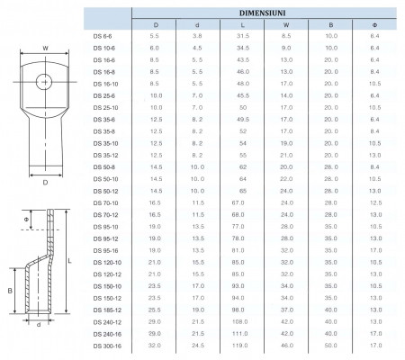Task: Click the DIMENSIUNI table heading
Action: (x=262, y=13)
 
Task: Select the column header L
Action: (x=242, y=25)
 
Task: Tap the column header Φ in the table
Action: (x=374, y=25)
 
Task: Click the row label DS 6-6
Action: (x=103, y=36)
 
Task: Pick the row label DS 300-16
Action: (x=107, y=346)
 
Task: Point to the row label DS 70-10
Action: (x=105, y=203)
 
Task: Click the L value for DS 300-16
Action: (x=239, y=346)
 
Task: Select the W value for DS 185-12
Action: (x=287, y=310)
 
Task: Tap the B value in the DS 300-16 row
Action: (x=331, y=346)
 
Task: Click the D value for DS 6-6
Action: (x=154, y=36)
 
